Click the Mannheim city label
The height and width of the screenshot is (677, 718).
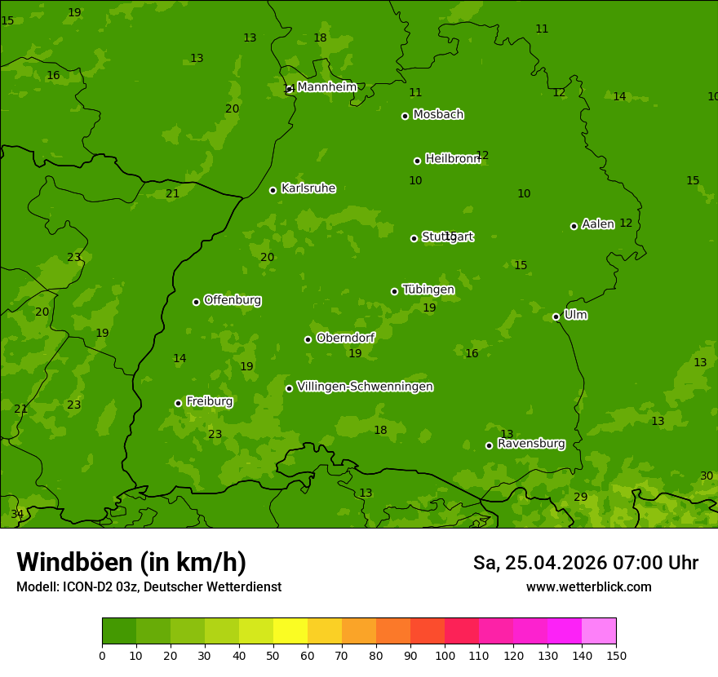coord(326,87)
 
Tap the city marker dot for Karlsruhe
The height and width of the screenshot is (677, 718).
coord(273,190)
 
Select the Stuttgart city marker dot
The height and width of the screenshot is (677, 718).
coord(414,238)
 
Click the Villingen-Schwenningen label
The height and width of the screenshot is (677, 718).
coord(365,387)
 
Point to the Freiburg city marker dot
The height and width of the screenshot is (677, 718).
coord(178,403)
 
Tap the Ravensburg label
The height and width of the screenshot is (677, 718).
coord(531,444)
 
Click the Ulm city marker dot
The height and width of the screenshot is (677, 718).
coord(556,316)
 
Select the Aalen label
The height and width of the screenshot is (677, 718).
coord(598,224)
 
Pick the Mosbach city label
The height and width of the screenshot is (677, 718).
coord(438,115)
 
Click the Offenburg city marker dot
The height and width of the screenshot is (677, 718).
coord(196,302)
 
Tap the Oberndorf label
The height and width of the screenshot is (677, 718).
coord(345,338)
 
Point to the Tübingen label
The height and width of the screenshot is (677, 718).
coord(428,290)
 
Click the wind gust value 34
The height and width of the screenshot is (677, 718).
coord(17,515)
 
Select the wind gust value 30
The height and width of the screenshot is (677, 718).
coord(707,476)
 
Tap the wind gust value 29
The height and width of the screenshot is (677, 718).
coord(580,498)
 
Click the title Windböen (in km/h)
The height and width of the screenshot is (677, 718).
coord(131,562)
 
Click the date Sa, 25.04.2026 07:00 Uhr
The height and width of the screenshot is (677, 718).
coord(585,563)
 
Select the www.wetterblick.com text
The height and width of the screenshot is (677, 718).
coord(588,587)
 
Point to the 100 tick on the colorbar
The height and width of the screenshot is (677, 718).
coord(445,655)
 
